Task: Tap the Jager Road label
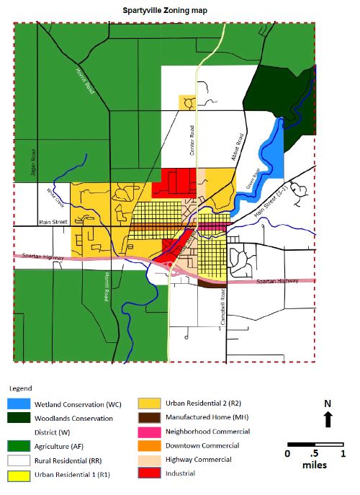click(33, 161)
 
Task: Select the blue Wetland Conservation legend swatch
click(26, 403)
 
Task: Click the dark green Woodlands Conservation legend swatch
click(26, 417)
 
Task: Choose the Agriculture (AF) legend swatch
click(26, 445)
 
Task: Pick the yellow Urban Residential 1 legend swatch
click(26, 474)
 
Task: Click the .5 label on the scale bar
click(314, 454)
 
